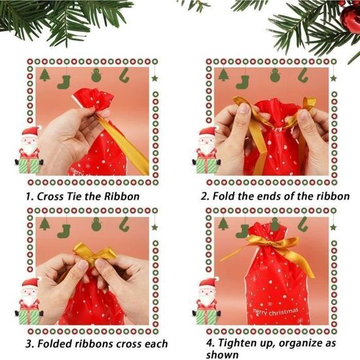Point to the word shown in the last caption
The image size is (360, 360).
coord(222,355)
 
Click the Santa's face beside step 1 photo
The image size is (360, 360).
coord(29,140)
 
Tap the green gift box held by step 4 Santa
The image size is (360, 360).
coord(207,317)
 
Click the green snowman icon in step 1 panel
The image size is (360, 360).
coord(96,75)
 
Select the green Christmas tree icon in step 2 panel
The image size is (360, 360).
coord(223,75)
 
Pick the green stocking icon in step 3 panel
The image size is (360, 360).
coord(64,231)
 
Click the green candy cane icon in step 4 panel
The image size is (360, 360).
coord(303,224)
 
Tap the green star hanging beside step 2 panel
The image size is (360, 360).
coord(333,79)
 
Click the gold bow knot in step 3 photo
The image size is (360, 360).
coord(92,255)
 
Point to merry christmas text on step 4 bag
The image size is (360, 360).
coord(276,312)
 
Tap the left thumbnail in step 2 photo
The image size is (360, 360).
coord(244,109)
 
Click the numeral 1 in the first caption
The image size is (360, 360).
coord(28,197)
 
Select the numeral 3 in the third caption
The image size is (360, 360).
coord(29,344)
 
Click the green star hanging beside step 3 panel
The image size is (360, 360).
coord(154,227)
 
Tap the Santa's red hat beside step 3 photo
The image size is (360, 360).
coord(31,283)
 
